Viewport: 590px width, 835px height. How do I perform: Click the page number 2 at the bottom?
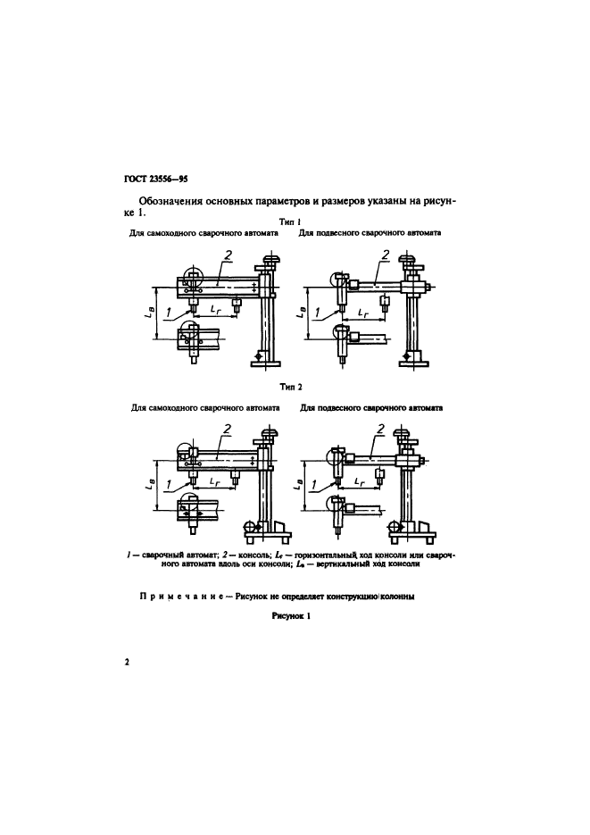128,663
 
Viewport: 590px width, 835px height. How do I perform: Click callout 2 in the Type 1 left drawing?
229,257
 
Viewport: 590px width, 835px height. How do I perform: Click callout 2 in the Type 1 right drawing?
384,255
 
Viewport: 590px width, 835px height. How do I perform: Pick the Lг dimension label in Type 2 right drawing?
359,481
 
